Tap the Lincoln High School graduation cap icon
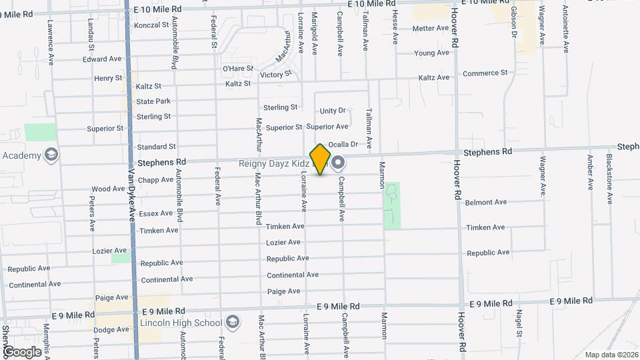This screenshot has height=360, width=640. [232, 323]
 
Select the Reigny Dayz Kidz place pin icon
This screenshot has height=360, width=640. [338, 162]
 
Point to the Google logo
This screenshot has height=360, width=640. [22, 351]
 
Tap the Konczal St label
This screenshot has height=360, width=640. [151, 25]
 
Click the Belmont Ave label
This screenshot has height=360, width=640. [486, 202]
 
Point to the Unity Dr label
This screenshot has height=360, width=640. [333, 111]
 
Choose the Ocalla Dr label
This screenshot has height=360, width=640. [344, 143]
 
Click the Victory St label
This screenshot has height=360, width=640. [276, 75]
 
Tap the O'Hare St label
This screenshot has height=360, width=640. [238, 68]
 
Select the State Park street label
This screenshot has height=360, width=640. [153, 101]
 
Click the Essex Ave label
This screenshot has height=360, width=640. [156, 214]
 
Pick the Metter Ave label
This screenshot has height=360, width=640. [431, 28]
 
